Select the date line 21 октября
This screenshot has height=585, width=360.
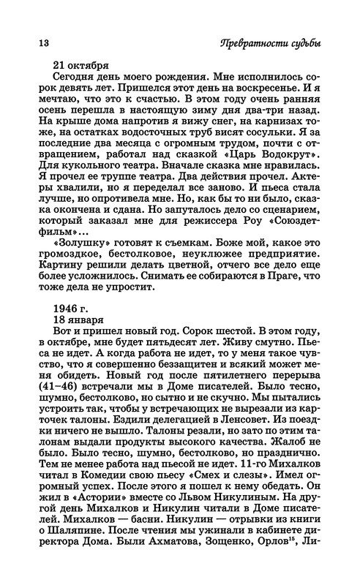pos(81,64)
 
